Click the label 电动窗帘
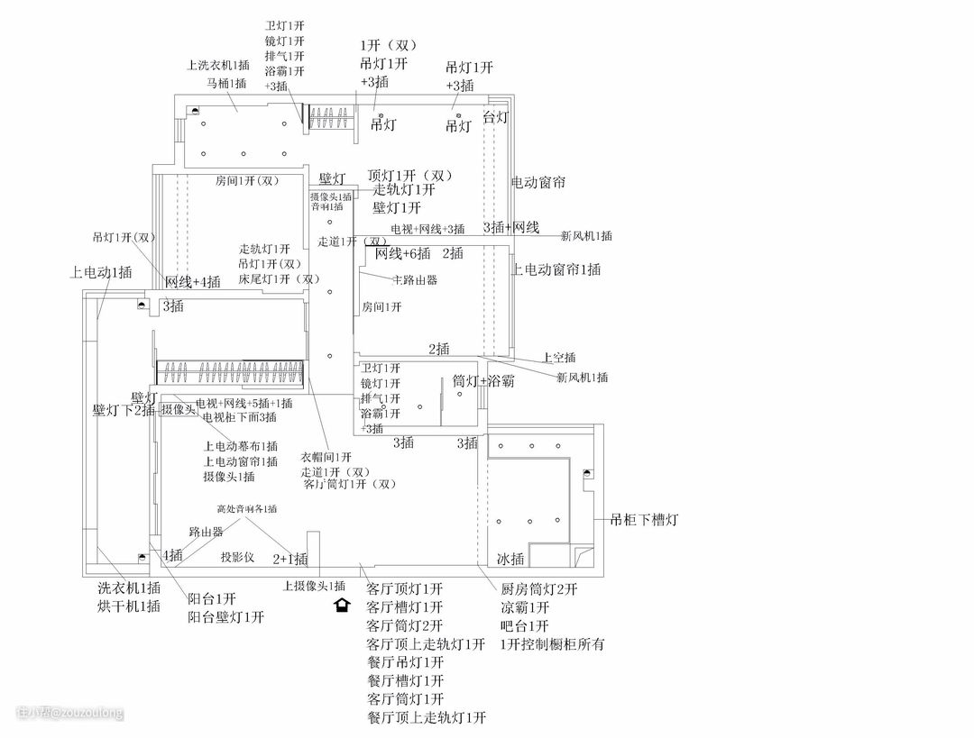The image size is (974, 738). [538, 182]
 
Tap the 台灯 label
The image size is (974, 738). [496, 117]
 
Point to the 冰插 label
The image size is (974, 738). [510, 560]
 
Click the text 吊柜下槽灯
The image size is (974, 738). [644, 520]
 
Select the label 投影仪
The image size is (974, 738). [239, 558]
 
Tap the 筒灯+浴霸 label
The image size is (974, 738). [483, 381]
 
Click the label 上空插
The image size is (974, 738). [559, 358]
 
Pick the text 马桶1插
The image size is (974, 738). [225, 83]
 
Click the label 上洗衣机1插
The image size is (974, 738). [217, 65]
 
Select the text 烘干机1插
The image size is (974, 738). [129, 606]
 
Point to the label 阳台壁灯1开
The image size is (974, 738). [226, 617]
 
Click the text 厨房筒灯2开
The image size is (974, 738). [538, 589]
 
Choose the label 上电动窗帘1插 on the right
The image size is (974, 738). [556, 269]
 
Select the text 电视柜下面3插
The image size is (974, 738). [239, 417]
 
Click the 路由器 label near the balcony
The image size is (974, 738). [206, 533]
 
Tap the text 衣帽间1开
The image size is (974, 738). [326, 457]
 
